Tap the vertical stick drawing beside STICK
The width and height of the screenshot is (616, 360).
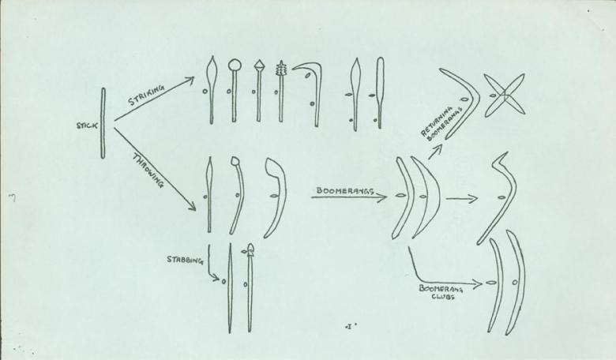pos(102,123)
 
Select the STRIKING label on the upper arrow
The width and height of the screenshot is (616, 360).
pos(147,95)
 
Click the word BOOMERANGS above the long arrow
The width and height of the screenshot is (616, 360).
pos(344,190)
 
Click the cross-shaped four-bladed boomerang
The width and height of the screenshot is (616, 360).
pos(504,96)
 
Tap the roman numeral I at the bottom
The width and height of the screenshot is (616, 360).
pos(347,325)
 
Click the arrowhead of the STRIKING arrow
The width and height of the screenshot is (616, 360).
pos(190,78)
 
